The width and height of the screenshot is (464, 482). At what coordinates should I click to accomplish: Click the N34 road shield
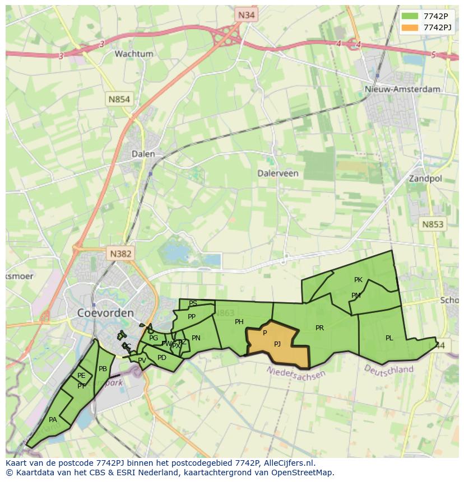point(245,15)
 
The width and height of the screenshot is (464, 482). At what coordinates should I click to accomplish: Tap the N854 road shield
point(119,99)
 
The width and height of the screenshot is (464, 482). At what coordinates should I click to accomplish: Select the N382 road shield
point(120,254)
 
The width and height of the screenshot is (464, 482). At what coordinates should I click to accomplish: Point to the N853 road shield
point(432,224)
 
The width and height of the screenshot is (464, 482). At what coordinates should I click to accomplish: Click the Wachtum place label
point(133,54)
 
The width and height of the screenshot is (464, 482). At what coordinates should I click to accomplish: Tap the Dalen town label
point(143,153)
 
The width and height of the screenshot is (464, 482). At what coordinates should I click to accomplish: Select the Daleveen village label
point(277,173)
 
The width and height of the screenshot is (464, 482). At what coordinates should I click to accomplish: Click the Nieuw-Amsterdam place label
point(402,89)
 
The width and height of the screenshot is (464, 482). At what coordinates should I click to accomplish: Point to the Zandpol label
point(425,179)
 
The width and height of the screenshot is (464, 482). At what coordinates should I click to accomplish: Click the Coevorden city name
point(105,312)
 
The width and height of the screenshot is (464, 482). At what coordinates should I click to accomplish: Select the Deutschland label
point(388,369)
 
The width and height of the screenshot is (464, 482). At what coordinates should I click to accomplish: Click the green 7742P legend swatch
point(410,16)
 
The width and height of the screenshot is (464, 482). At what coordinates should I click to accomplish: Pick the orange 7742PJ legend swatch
point(410,27)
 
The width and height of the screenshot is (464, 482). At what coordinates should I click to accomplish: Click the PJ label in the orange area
point(277,344)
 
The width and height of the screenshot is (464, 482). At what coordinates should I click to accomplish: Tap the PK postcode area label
point(358,279)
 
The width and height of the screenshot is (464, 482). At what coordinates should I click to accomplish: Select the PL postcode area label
point(389,338)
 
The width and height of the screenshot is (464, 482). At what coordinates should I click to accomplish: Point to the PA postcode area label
point(53,419)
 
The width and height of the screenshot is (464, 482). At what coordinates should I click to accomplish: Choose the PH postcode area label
point(239,321)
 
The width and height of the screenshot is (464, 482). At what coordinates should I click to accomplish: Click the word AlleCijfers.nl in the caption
point(289,463)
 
